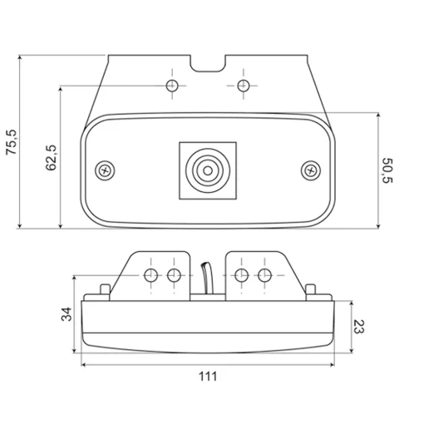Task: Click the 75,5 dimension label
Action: tap(12, 141)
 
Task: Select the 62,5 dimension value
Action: tap(52, 157)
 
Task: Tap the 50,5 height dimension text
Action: tap(387, 170)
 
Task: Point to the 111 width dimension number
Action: tap(208, 377)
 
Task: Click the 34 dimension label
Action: tap(67, 314)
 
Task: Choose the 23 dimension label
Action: tap(359, 327)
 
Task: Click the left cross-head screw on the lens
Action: tap(105, 170)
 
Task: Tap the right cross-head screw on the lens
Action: tap(311, 170)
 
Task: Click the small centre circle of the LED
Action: tap(208, 170)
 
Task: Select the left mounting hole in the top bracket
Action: tap(172, 86)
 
